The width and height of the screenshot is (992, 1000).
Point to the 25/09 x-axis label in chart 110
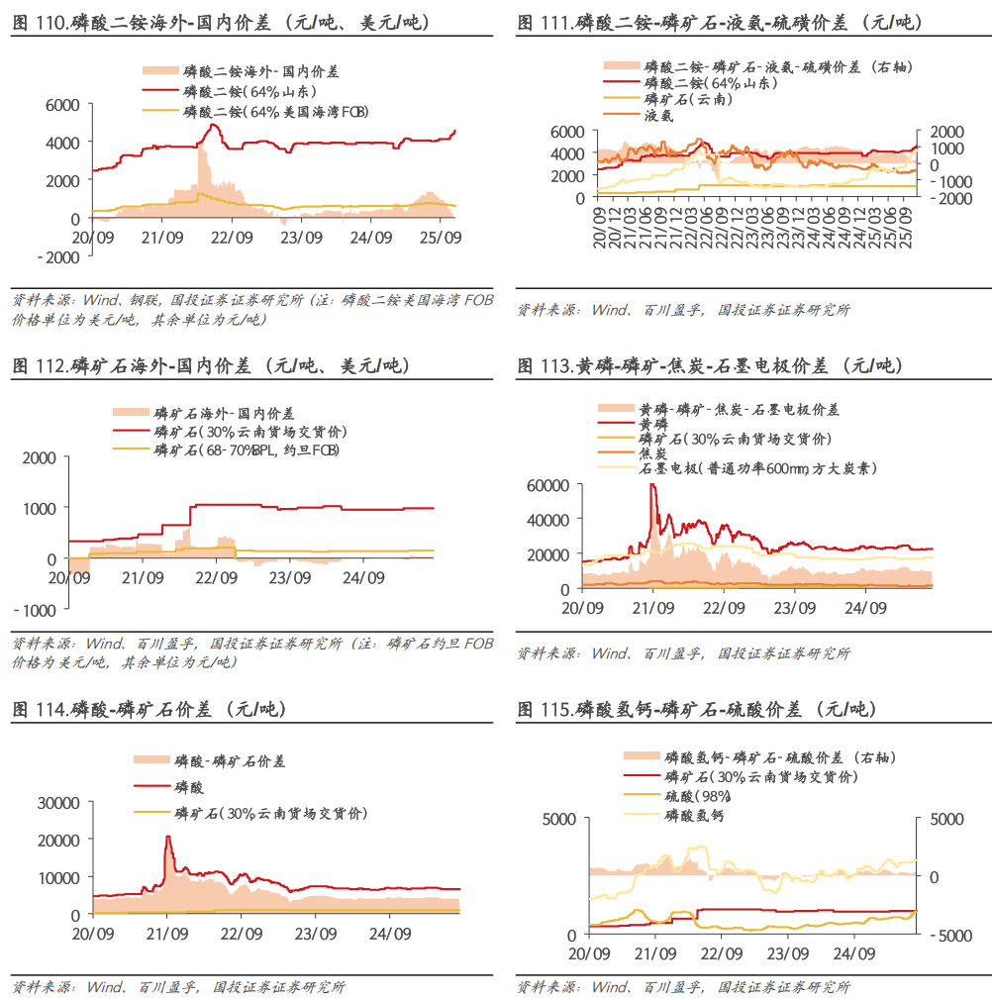[x=442, y=238]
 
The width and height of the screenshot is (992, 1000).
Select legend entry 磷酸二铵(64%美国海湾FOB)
[x=275, y=112]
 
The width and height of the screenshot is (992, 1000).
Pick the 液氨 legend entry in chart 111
[x=659, y=115]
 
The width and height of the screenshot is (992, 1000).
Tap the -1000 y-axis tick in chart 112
[x=36, y=610]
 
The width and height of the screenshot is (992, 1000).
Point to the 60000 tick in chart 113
[x=548, y=485]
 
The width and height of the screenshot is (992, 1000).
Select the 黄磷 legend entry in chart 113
[x=654, y=424]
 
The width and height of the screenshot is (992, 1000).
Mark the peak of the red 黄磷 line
[x=652, y=485]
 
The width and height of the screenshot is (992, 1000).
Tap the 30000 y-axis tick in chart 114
[x=59, y=802]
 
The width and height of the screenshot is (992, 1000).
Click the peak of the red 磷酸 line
[x=167, y=837]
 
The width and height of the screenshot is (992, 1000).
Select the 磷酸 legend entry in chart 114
[x=189, y=787]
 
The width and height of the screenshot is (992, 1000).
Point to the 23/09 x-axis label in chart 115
[x=787, y=954]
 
